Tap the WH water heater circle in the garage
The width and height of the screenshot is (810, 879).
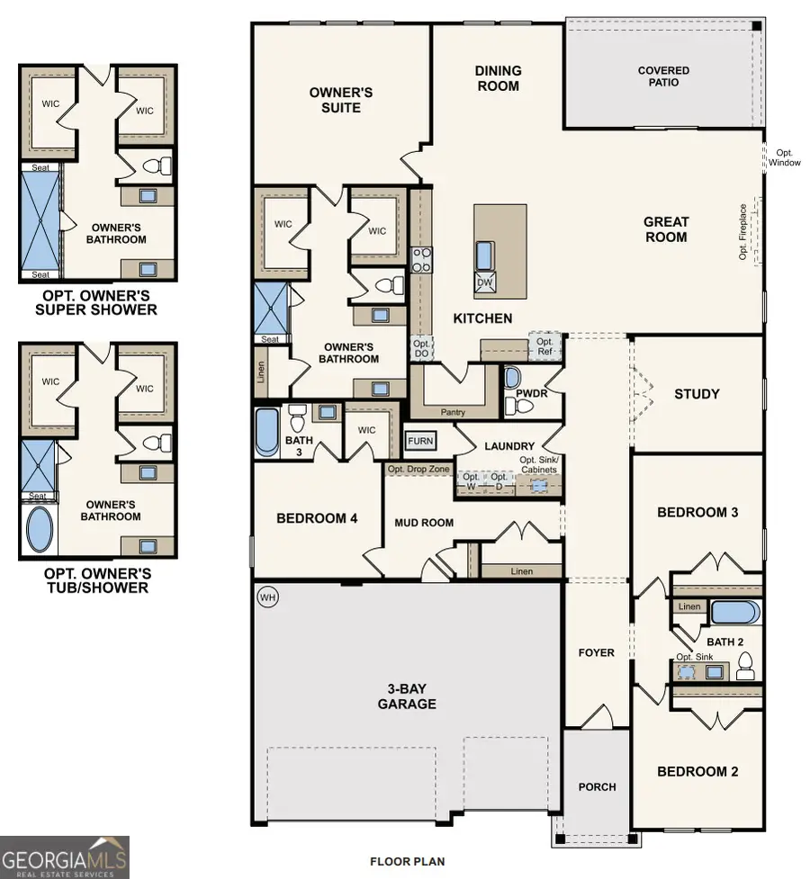(266, 597)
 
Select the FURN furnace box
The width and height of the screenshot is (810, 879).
(420, 442)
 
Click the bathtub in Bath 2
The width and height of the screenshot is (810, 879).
(735, 613)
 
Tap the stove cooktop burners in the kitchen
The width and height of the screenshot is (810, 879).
(421, 260)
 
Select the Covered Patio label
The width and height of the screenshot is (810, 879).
(663, 76)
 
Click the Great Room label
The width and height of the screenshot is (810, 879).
(666, 229)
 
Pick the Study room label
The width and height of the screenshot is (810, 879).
(697, 394)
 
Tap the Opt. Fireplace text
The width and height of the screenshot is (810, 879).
(743, 231)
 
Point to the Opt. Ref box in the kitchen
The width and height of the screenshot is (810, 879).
(544, 347)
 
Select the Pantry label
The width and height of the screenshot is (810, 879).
(454, 412)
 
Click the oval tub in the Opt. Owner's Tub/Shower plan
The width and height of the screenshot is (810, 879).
(40, 530)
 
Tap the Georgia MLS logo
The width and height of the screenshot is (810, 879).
(65, 857)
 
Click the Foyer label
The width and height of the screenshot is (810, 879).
(597, 652)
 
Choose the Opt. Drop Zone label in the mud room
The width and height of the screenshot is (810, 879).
(418, 469)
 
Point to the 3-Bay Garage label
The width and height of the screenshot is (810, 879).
(407, 696)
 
